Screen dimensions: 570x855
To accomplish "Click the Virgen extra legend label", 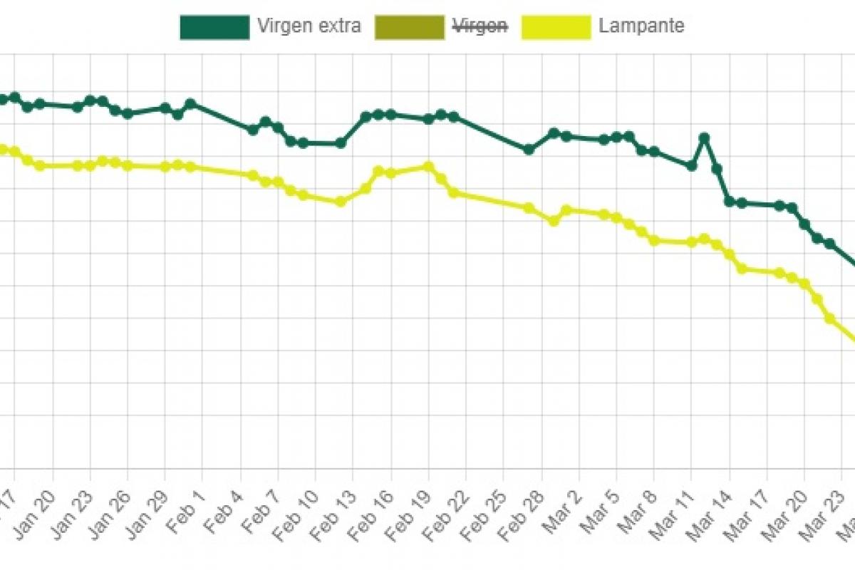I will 309,26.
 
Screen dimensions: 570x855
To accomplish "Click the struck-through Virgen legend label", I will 481,26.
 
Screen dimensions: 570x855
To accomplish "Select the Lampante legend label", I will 641,26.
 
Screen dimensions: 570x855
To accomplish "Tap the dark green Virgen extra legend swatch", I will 214,26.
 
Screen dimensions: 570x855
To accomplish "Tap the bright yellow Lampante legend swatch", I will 556,26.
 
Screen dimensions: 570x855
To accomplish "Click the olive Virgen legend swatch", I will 410,26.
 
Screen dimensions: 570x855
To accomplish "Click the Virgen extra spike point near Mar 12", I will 704,138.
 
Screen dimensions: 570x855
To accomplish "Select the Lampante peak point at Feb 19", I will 428,166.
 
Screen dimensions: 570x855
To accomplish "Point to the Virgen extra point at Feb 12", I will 341,143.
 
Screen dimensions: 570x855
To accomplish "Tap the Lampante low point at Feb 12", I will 341,202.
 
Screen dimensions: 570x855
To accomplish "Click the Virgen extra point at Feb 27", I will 529,150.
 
